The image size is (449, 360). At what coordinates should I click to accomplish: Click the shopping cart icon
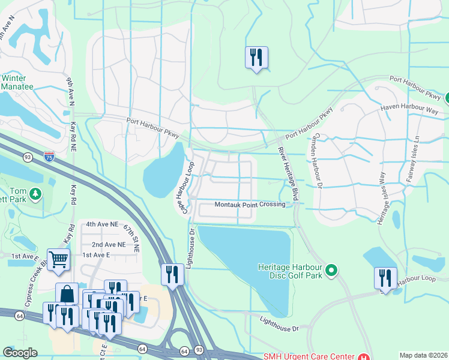58,260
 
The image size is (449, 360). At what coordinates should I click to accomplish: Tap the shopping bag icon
67,294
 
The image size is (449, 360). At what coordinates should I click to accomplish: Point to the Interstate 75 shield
49,158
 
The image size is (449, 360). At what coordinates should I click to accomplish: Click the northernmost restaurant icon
256,58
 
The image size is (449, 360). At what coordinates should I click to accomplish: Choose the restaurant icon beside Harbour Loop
385,278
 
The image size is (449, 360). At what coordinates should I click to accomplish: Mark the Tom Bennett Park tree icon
36,194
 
